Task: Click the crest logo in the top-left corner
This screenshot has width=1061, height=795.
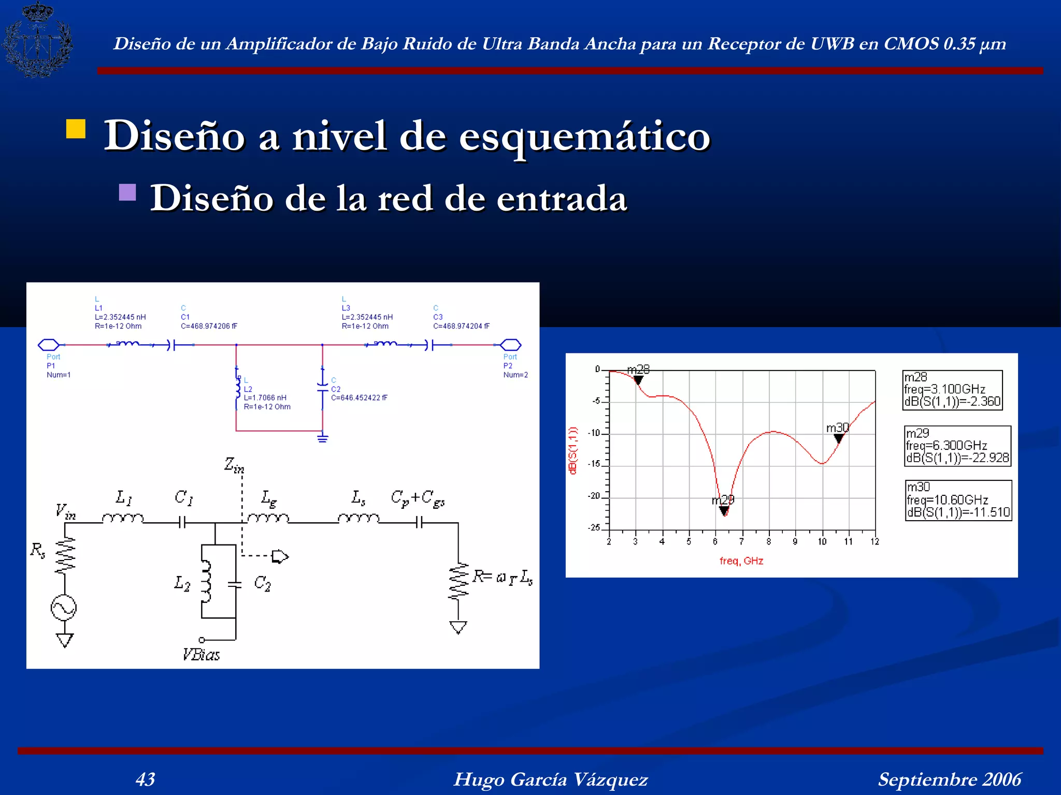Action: coord(37,39)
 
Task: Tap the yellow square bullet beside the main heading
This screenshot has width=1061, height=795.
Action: coord(76,129)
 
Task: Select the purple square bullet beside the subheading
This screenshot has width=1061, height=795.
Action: coord(127,192)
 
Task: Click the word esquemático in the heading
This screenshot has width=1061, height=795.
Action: coord(584,137)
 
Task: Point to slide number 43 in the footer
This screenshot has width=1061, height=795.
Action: coord(145,779)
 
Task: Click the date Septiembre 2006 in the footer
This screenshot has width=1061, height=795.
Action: coord(950,779)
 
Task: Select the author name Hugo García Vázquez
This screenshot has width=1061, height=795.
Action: coord(551,779)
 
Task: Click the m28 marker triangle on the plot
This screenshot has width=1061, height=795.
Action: coord(638,380)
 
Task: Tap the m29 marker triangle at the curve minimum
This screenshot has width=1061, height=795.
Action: coord(724,511)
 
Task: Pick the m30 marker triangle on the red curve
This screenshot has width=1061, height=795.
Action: coord(839,438)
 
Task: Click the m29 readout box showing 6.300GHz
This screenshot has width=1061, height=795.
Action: coord(957,446)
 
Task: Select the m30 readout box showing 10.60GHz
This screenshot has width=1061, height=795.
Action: coord(958,500)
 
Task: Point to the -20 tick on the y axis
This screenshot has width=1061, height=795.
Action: coord(594,496)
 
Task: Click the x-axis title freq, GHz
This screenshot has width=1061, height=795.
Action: coord(741,561)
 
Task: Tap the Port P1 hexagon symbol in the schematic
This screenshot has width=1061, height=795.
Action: coord(49,345)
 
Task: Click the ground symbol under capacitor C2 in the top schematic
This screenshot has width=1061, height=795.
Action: coord(323,439)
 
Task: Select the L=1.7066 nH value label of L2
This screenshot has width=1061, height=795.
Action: coord(265,397)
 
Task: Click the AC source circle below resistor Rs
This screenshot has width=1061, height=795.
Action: coord(64,608)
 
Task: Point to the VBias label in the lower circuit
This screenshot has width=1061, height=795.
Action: coord(201,655)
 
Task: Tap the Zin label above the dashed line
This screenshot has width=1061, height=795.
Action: coord(234,465)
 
